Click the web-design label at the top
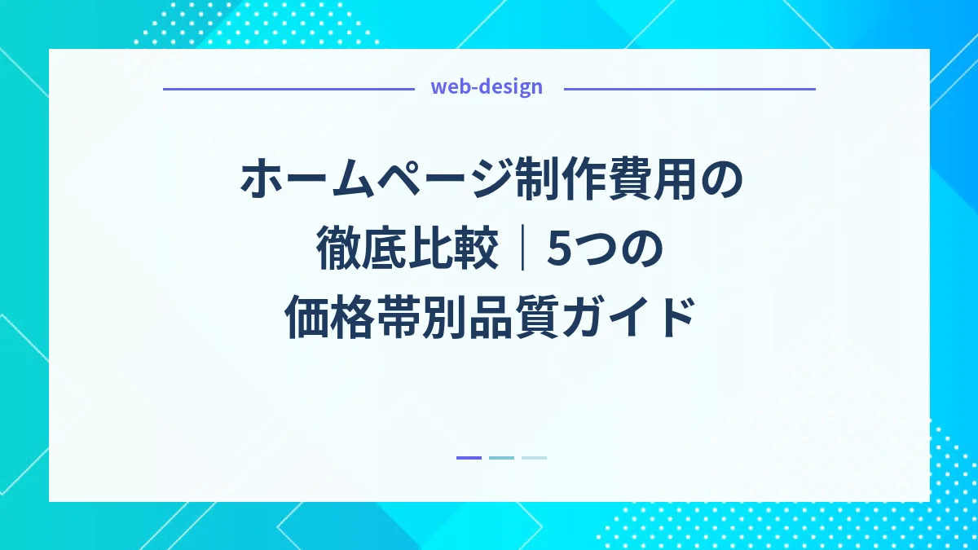tap(487, 87)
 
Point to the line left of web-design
tap(289, 88)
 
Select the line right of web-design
tap(689, 88)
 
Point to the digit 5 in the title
tap(560, 250)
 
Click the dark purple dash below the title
tap(469, 458)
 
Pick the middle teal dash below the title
tap(501, 458)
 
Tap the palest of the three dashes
tap(534, 458)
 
